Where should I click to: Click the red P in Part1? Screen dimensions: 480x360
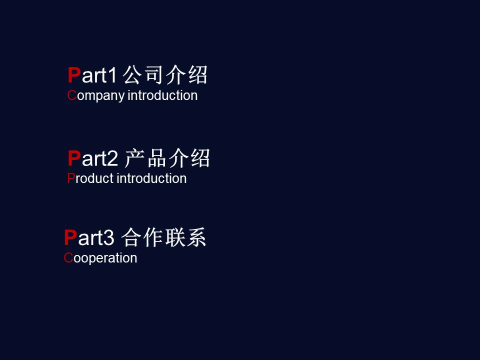(x=74, y=75)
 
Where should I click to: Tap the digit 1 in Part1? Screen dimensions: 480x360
(x=112, y=75)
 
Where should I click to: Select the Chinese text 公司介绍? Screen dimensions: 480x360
(x=165, y=74)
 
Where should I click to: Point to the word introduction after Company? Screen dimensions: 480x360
(x=162, y=95)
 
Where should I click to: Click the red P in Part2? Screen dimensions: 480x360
(x=74, y=158)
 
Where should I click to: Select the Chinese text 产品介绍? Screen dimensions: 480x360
(x=167, y=158)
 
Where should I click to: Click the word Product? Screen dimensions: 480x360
(x=90, y=178)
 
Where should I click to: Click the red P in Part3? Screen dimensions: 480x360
(x=70, y=237)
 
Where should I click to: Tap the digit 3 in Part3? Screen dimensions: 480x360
(x=108, y=237)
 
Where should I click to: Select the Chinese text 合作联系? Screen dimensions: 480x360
(x=164, y=237)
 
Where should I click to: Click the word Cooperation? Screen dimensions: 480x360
(x=100, y=258)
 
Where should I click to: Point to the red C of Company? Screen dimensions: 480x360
(x=72, y=95)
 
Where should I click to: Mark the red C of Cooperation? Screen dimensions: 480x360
(x=68, y=258)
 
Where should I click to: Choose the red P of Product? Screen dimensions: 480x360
(x=71, y=178)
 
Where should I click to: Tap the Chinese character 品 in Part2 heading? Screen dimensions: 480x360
(x=157, y=158)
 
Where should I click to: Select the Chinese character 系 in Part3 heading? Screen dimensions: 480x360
(x=196, y=237)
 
